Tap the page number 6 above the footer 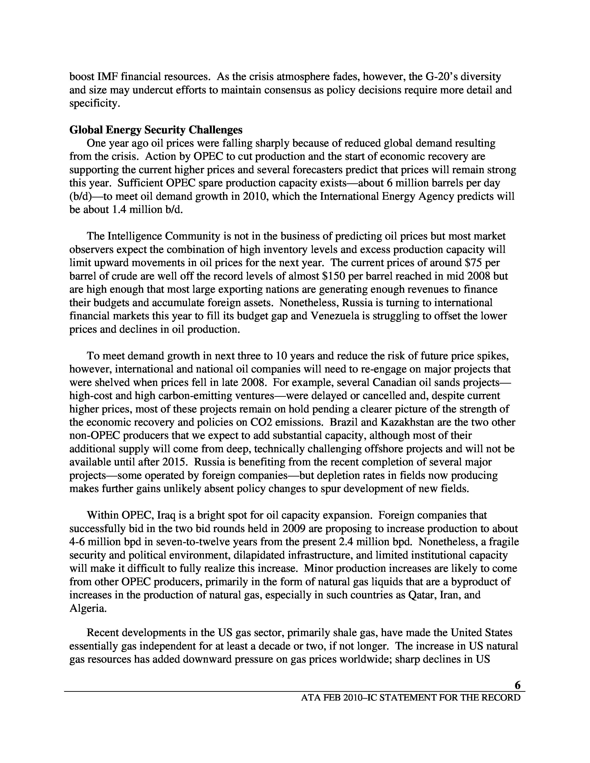[517, 686]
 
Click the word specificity [94, 103]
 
